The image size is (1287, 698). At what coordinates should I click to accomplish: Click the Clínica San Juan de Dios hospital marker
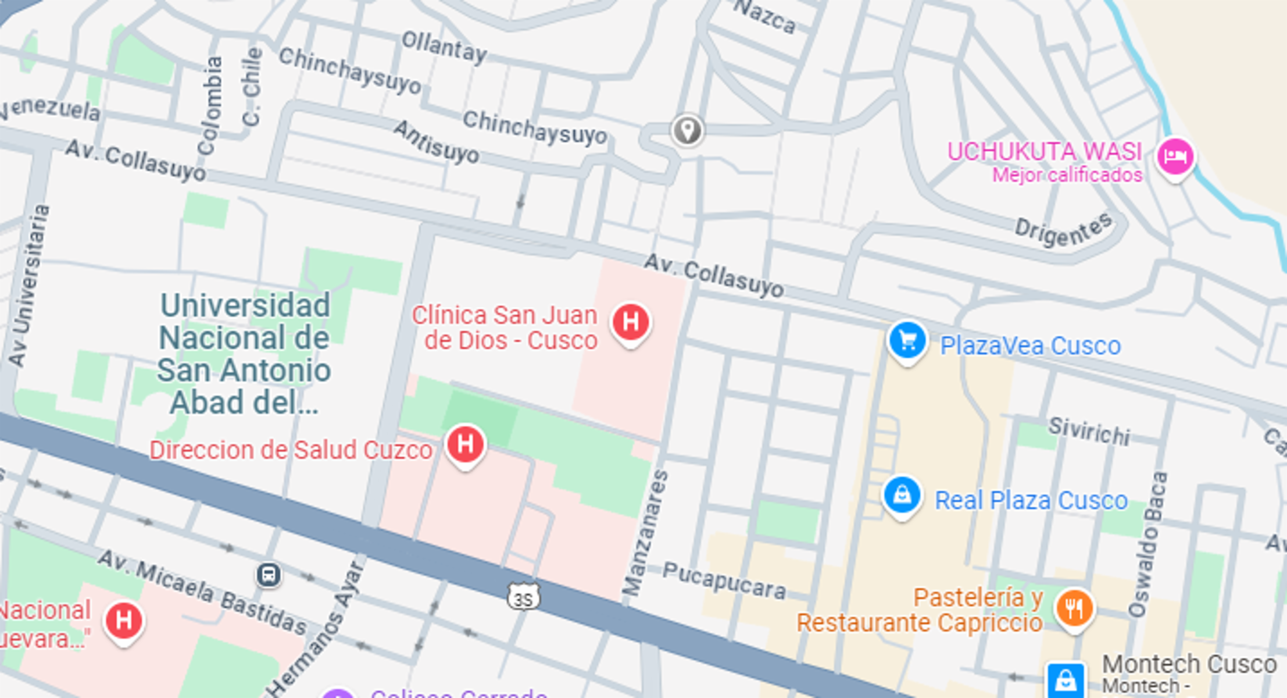click(x=631, y=322)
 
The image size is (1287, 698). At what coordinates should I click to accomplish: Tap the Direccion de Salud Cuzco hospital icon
click(x=465, y=444)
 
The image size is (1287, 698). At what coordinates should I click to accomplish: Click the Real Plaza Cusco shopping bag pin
click(x=902, y=496)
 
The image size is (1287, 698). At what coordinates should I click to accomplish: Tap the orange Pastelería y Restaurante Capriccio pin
click(x=1074, y=608)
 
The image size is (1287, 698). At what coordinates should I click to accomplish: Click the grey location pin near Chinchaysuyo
click(x=687, y=129)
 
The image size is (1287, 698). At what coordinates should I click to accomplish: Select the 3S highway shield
click(x=523, y=598)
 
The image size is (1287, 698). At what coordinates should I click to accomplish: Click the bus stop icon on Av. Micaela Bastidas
click(x=269, y=575)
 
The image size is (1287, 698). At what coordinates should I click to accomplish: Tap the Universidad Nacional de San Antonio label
click(x=244, y=354)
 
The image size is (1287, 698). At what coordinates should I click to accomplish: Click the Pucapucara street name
click(x=724, y=581)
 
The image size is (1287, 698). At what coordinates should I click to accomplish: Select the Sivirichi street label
click(x=1089, y=431)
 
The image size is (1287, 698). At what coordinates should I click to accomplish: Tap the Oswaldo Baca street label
click(x=1148, y=544)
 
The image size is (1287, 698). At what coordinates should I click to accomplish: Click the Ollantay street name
click(x=444, y=48)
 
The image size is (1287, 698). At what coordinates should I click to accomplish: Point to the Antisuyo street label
click(x=437, y=142)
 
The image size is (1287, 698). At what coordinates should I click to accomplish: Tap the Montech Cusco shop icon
click(x=1066, y=679)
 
